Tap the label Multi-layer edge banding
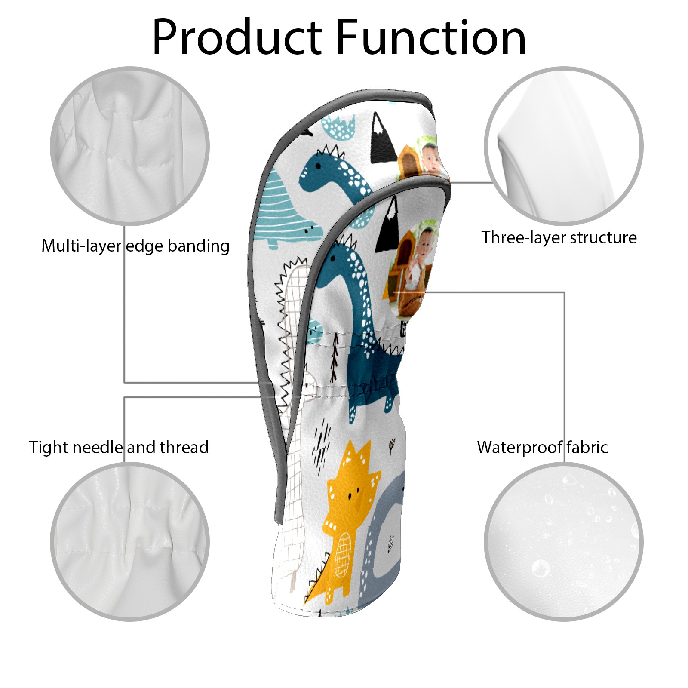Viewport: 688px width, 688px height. pos(135,246)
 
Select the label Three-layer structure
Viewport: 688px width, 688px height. pos(559,237)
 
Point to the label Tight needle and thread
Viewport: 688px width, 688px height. pos(119,447)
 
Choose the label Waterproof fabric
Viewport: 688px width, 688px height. pos(542,447)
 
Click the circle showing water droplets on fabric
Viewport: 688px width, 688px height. pos(563,541)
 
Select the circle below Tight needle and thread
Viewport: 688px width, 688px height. pos(130,541)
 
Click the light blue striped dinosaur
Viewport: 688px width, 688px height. pos(284,211)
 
